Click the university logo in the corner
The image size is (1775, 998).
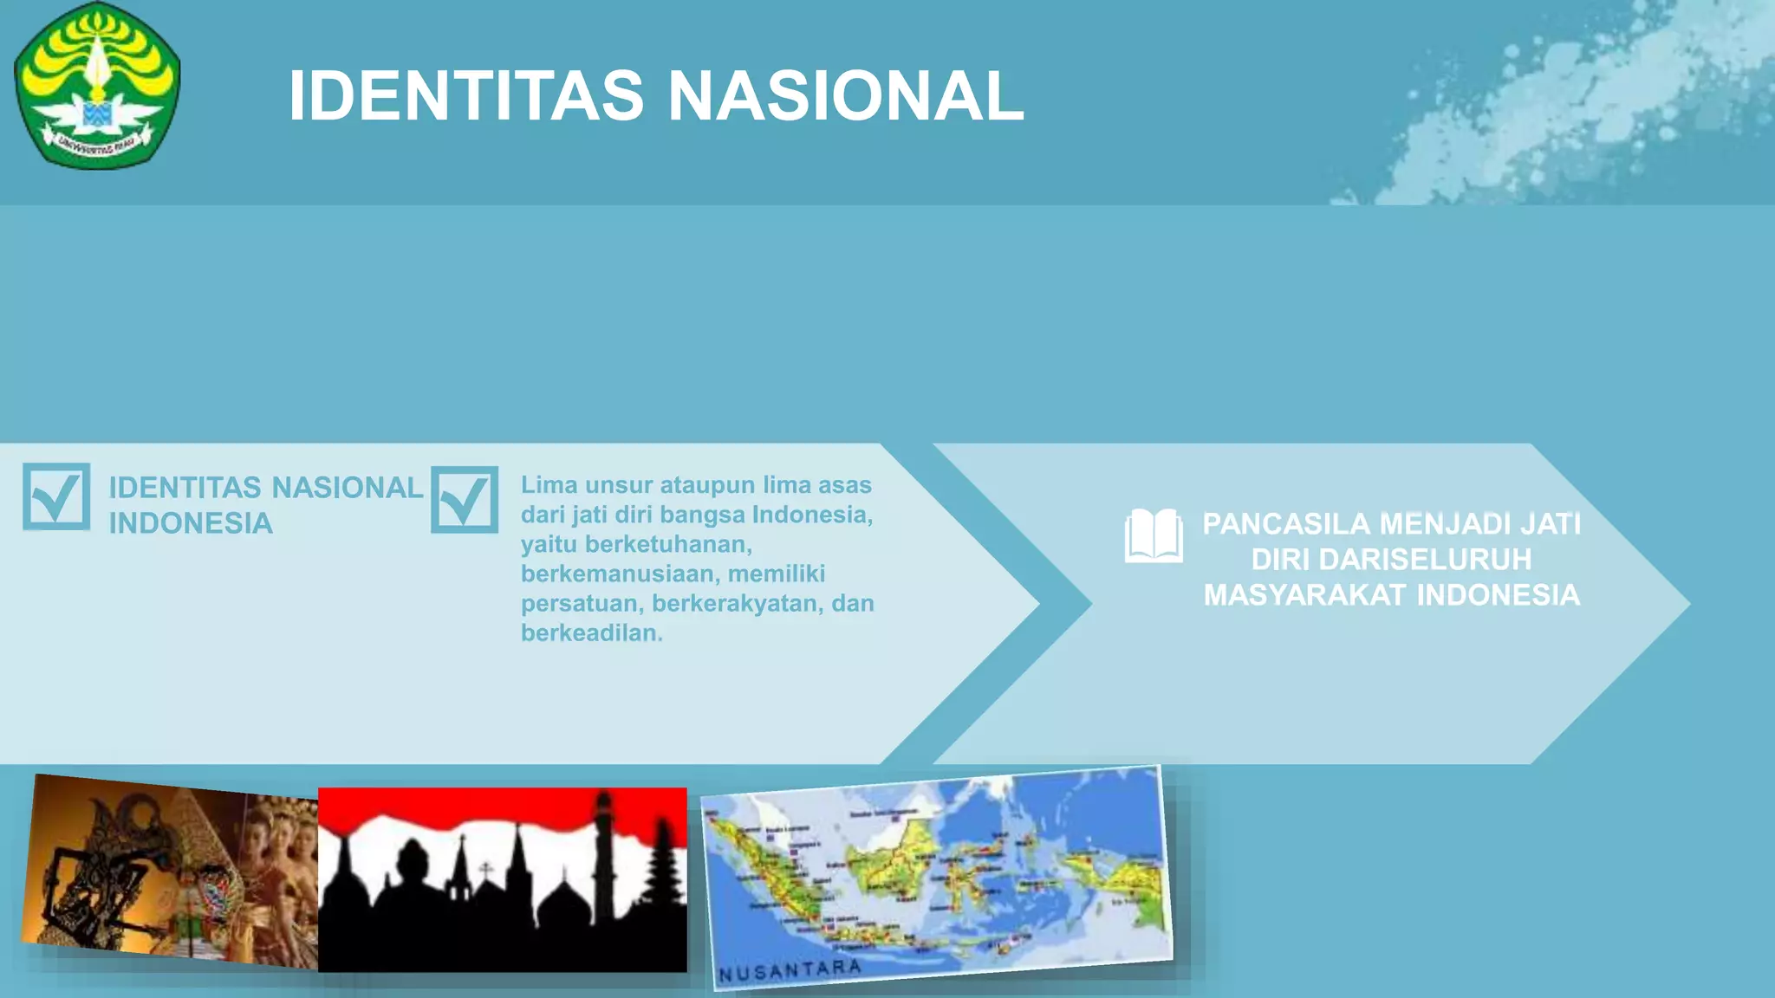coord(97,85)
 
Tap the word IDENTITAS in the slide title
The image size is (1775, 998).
coord(466,95)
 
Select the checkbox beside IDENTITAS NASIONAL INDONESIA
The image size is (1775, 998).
coord(56,496)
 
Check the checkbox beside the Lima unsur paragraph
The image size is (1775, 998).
coord(465,500)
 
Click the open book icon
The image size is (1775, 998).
coord(1154,536)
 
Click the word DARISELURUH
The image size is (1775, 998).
coord(1425,560)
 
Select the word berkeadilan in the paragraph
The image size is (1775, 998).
coord(591,633)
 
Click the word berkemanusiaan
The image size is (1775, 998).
coord(617,574)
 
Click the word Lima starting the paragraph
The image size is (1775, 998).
coord(549,485)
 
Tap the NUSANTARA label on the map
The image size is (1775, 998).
coord(790,970)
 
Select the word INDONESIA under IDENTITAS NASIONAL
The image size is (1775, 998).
coord(191,523)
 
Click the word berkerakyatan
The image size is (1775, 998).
coord(737,604)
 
